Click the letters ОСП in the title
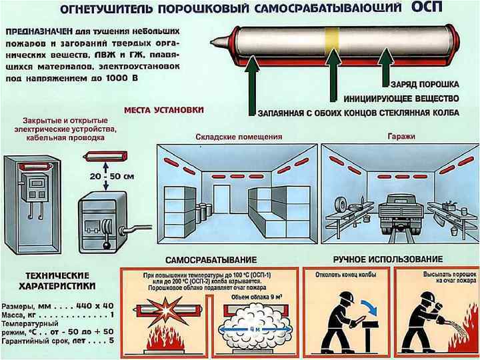pos(433,9)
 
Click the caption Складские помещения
pos(239,137)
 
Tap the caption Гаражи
pos(401,137)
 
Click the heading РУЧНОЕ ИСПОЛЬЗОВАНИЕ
pos(387,259)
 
